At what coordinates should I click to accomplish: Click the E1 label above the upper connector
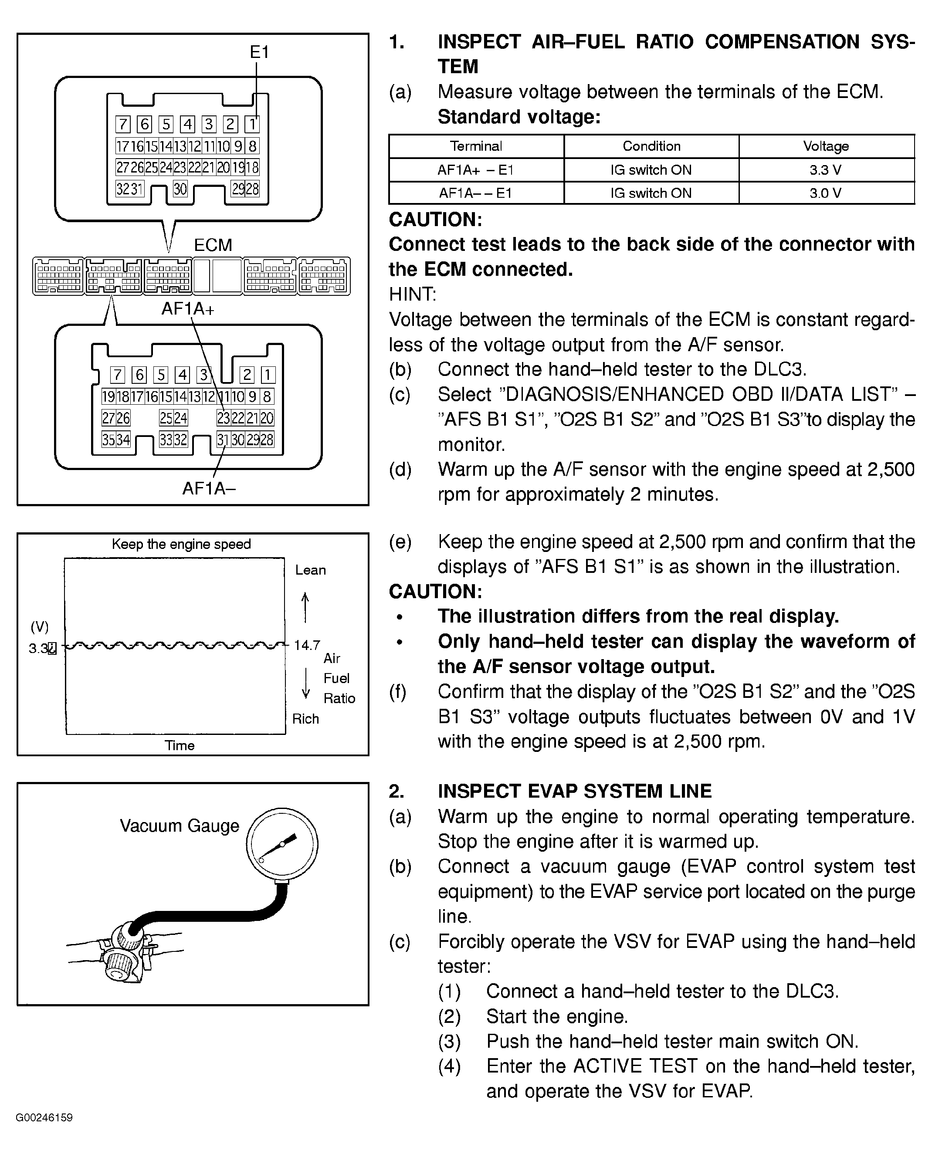click(259, 52)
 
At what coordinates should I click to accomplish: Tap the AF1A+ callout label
click(187, 309)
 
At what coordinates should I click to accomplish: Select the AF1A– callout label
click(209, 488)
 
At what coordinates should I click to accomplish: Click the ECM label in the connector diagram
click(213, 245)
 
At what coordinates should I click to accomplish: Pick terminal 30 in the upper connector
click(180, 189)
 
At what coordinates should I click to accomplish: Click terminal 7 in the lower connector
click(117, 375)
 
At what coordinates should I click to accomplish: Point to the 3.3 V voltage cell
click(825, 170)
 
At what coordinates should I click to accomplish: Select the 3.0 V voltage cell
click(825, 193)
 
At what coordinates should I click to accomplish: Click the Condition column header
click(651, 146)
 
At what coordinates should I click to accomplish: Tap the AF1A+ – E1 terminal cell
click(476, 170)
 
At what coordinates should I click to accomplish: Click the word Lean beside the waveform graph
click(310, 570)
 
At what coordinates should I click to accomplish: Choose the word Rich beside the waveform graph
click(305, 719)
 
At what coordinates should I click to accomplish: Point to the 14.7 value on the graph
click(307, 645)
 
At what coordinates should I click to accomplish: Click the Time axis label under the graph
click(180, 745)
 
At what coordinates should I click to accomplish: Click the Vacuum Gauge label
click(180, 826)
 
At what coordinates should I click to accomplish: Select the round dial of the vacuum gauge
click(282, 843)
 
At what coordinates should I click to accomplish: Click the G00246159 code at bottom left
click(44, 1118)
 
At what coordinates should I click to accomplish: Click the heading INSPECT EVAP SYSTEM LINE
click(574, 791)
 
